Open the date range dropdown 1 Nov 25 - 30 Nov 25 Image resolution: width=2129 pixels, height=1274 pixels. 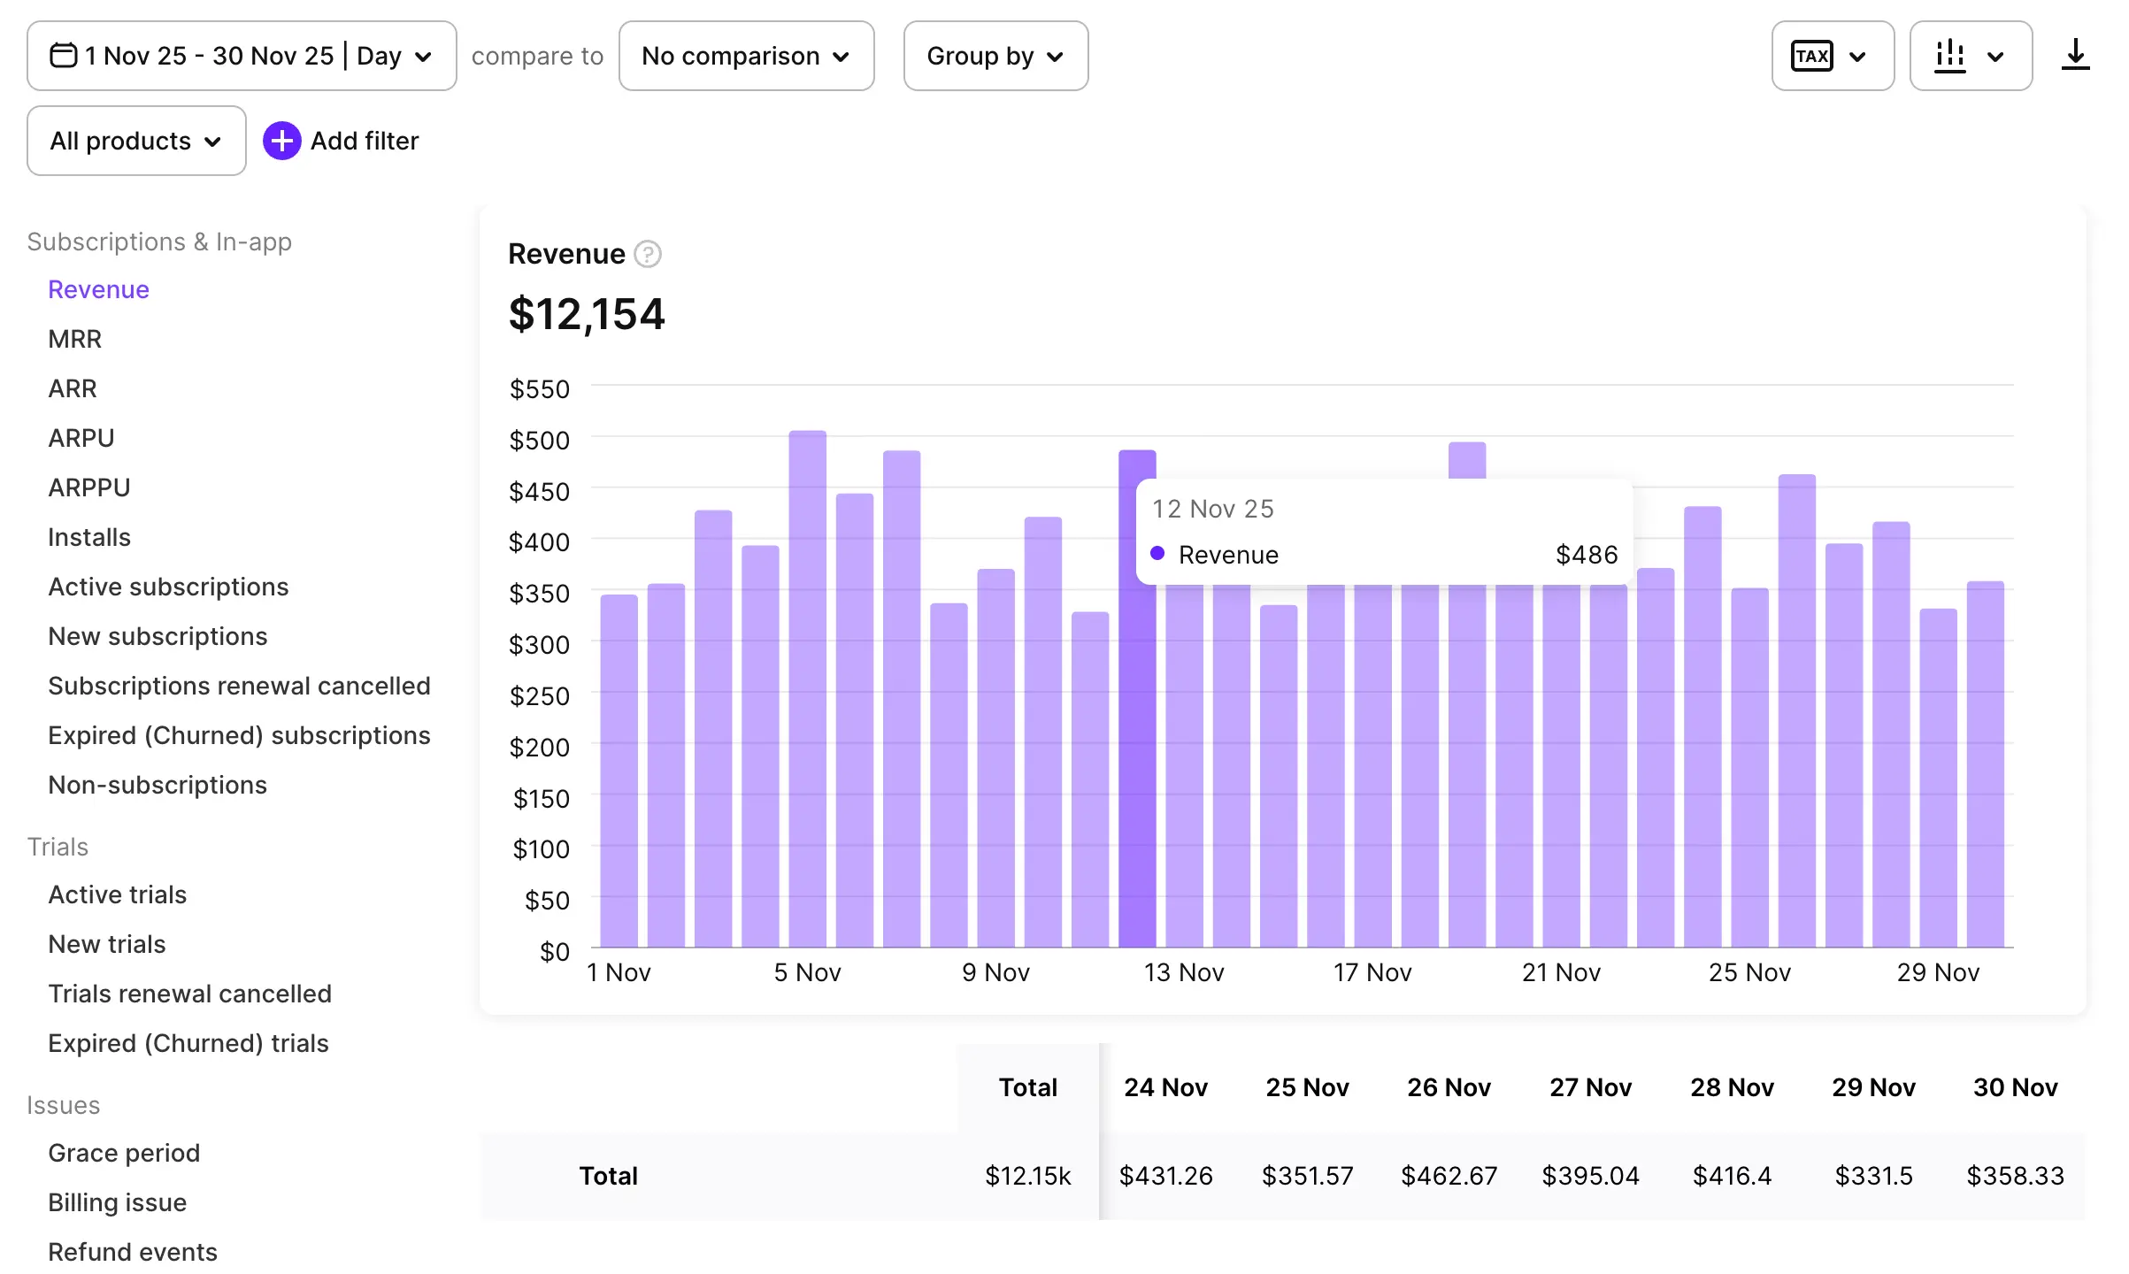[241, 56]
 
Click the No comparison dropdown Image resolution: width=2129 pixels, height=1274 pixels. [746, 56]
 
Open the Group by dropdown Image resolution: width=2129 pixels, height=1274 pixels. [995, 56]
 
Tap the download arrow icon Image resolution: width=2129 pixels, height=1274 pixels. [2075, 56]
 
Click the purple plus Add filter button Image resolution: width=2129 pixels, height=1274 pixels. [282, 141]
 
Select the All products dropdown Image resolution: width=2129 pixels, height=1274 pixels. [136, 141]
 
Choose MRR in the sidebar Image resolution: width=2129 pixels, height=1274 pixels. [75, 339]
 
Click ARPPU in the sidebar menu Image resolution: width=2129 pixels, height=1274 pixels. [89, 487]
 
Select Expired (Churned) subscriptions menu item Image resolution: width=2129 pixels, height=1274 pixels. [239, 735]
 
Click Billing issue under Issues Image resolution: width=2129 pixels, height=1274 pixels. [117, 1202]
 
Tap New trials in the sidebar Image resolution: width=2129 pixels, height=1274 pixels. [107, 944]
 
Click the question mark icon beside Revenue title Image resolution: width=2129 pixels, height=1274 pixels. [648, 255]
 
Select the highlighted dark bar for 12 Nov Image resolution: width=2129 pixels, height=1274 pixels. [1136, 752]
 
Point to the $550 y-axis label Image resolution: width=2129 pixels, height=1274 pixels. [540, 389]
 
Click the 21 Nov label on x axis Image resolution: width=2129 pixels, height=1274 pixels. [1561, 972]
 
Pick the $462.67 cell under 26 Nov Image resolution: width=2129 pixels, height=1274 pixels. [1449, 1176]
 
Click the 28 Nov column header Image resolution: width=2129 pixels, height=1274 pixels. [1732, 1087]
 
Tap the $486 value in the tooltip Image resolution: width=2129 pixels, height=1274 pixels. [1587, 555]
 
